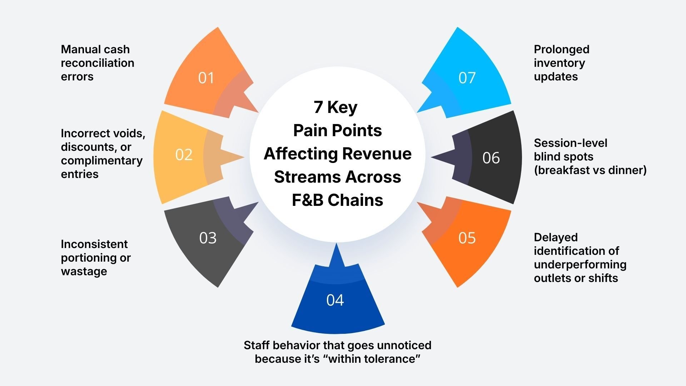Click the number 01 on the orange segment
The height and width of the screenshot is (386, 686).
(206, 78)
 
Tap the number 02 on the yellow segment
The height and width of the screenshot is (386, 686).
(184, 154)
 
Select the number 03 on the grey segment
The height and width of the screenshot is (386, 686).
(208, 238)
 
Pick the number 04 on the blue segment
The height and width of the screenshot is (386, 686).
(335, 300)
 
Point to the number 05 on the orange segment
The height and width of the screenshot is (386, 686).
(467, 238)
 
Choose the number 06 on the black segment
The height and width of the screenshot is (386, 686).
(491, 158)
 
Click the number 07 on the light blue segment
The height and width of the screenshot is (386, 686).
(467, 78)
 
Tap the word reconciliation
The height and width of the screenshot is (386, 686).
(98, 63)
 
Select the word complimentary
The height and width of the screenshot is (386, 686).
(101, 160)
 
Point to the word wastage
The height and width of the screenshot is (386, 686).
(84, 271)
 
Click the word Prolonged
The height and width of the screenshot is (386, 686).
(561, 49)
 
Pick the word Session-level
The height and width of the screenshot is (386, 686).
(570, 143)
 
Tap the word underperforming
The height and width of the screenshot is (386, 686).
(580, 264)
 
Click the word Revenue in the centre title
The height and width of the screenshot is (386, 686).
(377, 154)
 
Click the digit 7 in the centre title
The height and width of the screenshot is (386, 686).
(318, 107)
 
